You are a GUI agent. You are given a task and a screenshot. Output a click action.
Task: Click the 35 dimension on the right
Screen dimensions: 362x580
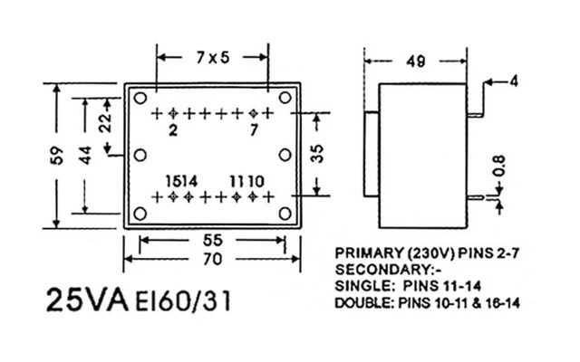click(317, 153)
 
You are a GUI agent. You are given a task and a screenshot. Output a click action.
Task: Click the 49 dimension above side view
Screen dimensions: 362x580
click(416, 62)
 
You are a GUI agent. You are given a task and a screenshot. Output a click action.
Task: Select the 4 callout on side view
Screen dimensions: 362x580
click(513, 81)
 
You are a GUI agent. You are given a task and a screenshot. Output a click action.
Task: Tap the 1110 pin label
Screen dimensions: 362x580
click(246, 180)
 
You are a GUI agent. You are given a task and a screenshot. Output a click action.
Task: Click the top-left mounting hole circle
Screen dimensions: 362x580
click(140, 97)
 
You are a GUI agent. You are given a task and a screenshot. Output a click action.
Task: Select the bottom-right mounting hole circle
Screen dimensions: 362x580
click(284, 214)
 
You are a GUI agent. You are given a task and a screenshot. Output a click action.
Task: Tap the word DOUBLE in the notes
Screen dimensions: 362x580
click(362, 302)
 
